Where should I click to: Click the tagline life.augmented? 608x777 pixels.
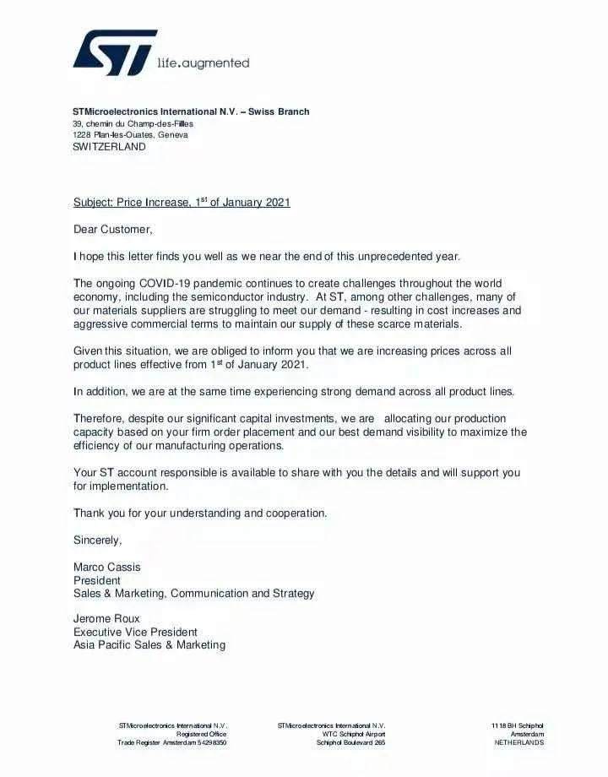204,62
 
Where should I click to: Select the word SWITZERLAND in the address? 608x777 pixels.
109,146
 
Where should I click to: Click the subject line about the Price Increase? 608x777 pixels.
182,203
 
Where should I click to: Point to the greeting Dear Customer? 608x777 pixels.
113,229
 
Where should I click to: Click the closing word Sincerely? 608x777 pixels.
97,540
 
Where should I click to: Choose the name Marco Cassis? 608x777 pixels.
107,567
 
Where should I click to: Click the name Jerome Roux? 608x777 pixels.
106,618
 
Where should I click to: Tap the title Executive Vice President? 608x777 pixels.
135,632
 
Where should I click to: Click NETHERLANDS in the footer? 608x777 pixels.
518,743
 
